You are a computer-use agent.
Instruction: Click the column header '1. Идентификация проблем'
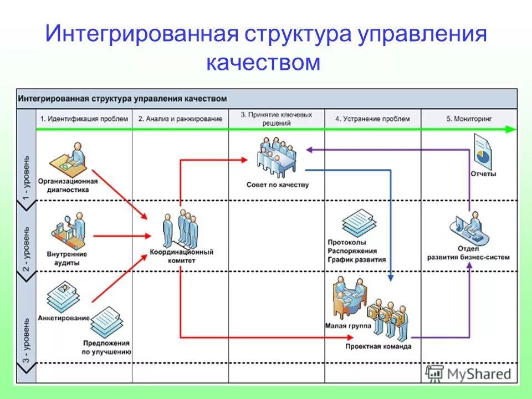pyautogui.click(x=84, y=119)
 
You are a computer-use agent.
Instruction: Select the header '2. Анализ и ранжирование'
pyautogui.click(x=180, y=119)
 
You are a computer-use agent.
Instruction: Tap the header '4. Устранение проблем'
pyautogui.click(x=372, y=119)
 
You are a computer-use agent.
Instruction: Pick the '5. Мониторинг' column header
pyautogui.click(x=469, y=119)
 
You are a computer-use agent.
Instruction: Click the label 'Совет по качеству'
pyautogui.click(x=277, y=185)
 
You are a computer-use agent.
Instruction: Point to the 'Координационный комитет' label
pyautogui.click(x=181, y=255)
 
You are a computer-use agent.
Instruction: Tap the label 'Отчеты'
pyautogui.click(x=483, y=174)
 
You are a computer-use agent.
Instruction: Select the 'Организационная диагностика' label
pyautogui.click(x=68, y=185)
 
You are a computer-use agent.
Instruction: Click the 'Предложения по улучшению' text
pyautogui.click(x=106, y=347)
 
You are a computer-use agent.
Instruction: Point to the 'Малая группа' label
pyautogui.click(x=348, y=326)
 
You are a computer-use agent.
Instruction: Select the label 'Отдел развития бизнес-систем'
pyautogui.click(x=468, y=253)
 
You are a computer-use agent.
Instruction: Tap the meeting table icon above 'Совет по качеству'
pyautogui.click(x=277, y=155)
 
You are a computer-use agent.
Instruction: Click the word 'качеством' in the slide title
pyautogui.click(x=263, y=63)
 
